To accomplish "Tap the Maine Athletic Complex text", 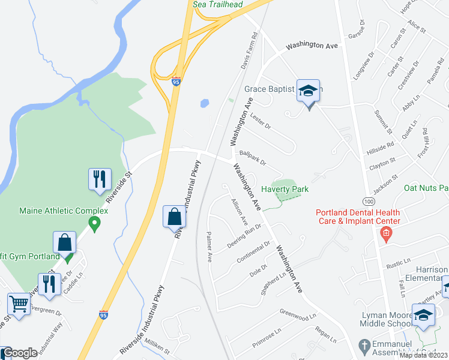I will [x=64, y=211].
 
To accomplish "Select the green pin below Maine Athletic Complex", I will [x=94, y=223].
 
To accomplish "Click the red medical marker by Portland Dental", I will [x=386, y=234].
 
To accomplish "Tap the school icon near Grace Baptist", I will [x=309, y=92].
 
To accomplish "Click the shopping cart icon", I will [x=19, y=304].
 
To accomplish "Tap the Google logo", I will [x=19, y=353].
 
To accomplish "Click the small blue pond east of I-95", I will [x=204, y=103].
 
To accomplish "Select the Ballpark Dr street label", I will [x=252, y=158].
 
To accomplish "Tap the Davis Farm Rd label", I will [x=249, y=52].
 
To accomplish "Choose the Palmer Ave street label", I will [x=210, y=247].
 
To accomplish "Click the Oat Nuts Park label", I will [x=426, y=188].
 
